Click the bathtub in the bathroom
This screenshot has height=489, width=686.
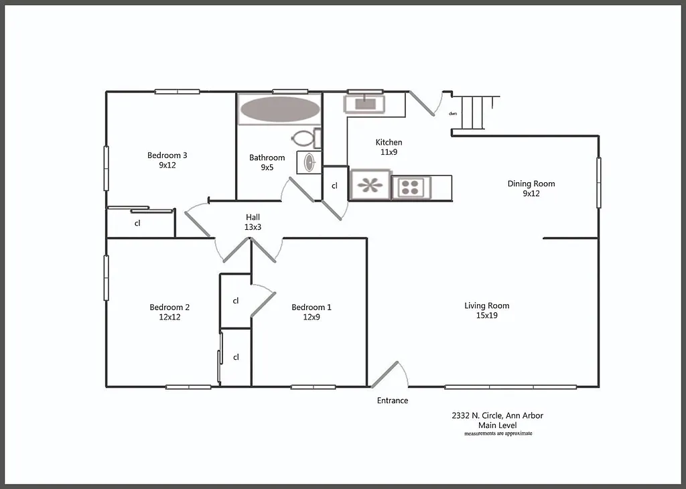tap(280, 109)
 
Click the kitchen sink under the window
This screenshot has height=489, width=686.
tap(364, 104)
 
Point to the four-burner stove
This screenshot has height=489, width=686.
tap(412, 188)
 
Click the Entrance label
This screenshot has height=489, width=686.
tap(393, 401)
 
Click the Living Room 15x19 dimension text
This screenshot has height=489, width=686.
tap(486, 316)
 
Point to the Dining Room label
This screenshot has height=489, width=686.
tap(531, 184)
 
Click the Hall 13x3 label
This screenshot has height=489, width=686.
tap(252, 222)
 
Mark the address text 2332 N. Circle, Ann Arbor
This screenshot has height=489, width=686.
tap(497, 415)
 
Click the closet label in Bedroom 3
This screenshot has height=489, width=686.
tap(137, 224)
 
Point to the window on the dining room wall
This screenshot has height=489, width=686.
tap(599, 182)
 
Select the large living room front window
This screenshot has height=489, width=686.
tap(510, 387)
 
